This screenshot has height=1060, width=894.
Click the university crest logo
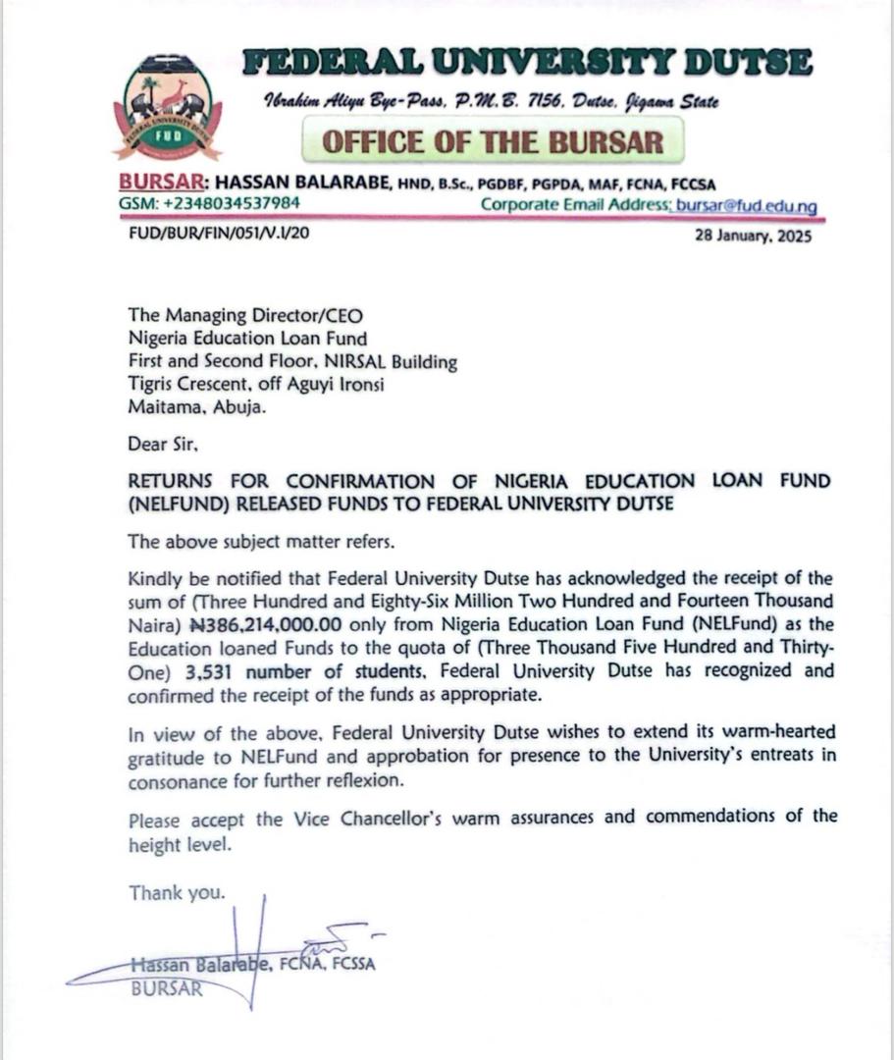coord(167,108)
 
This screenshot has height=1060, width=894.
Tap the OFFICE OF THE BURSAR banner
coord(493,141)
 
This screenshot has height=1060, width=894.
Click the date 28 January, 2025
coord(753,236)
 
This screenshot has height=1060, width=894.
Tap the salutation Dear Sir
coord(163,444)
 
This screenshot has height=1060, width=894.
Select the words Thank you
coord(177,893)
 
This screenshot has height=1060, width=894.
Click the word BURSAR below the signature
coord(167,988)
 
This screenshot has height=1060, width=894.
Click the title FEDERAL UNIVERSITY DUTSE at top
coord(528,64)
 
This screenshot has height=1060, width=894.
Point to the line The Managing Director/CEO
coord(245,315)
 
